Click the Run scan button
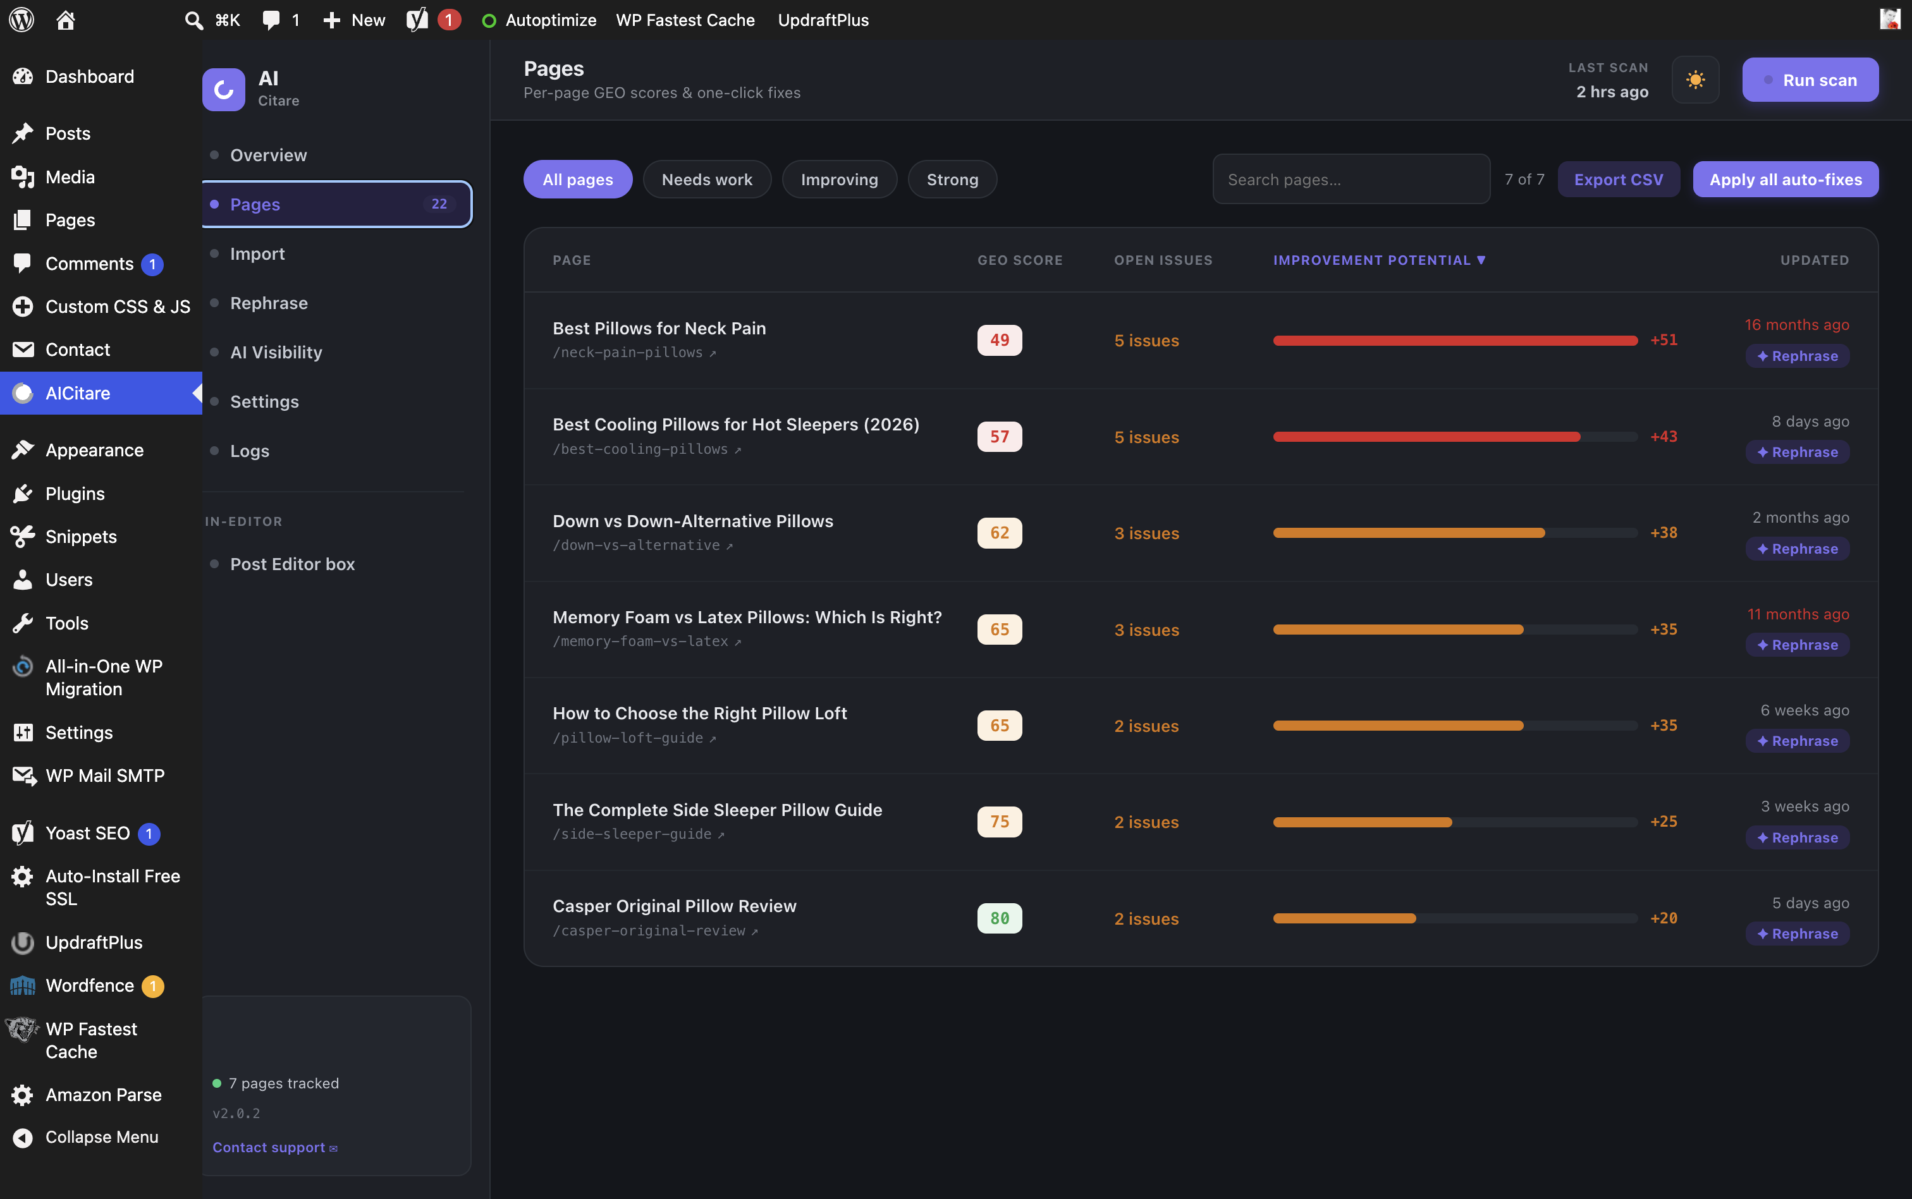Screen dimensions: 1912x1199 click(1810, 80)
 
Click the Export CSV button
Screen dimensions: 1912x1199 click(1618, 180)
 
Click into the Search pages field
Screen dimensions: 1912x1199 click(1351, 180)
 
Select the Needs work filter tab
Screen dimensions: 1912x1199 click(707, 180)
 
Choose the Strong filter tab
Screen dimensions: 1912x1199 click(952, 180)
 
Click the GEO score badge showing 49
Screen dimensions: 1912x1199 click(999, 340)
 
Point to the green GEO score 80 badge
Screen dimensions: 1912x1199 click(999, 918)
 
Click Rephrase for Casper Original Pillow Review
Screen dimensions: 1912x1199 click(1797, 934)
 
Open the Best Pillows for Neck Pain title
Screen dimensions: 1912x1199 click(659, 328)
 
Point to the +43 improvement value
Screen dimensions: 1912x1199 click(1664, 436)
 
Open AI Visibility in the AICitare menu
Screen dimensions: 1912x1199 click(276, 352)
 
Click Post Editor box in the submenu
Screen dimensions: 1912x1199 click(292, 564)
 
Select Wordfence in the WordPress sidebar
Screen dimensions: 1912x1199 click(90, 986)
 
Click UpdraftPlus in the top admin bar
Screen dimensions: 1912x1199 click(823, 20)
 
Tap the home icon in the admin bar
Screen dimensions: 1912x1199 click(66, 20)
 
